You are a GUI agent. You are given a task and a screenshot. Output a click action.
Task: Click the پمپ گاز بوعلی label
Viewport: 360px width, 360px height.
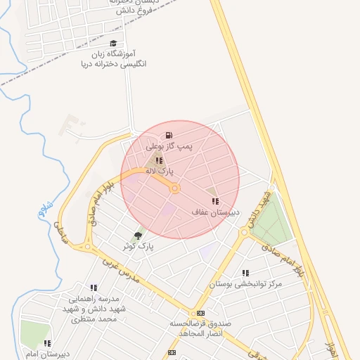(x=169, y=147)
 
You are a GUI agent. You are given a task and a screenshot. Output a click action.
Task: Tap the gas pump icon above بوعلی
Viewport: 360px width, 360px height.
(x=169, y=135)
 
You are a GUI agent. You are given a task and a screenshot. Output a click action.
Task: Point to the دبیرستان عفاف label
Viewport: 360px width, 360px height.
(x=216, y=212)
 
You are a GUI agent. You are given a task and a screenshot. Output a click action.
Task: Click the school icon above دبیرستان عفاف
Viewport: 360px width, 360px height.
(x=215, y=201)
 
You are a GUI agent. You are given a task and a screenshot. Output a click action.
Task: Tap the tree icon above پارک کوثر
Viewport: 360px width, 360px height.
(x=137, y=236)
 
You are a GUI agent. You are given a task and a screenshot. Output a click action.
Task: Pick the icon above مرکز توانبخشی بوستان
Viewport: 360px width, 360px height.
(x=245, y=273)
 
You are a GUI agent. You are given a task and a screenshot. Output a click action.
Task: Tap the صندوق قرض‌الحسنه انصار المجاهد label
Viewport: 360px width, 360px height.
(x=196, y=328)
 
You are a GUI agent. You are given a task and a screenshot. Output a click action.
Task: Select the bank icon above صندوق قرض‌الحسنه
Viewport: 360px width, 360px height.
(x=201, y=313)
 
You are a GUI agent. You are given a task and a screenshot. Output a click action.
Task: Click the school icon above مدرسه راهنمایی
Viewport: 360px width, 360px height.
(x=94, y=288)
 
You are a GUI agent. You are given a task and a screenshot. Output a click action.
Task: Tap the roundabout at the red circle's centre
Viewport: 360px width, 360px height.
(x=175, y=188)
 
